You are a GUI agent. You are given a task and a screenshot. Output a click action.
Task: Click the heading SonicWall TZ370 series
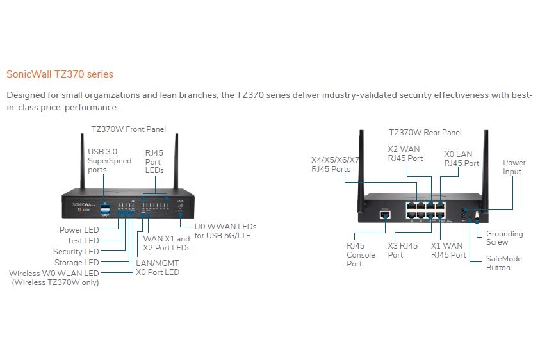pos(60,74)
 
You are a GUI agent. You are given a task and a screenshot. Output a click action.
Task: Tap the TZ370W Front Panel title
pos(129,129)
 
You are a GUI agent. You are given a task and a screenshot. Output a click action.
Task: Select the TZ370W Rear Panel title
pos(425,133)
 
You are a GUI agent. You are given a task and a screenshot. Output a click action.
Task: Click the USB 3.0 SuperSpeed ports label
pos(110,161)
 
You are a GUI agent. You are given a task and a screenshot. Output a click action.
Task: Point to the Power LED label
pos(79,230)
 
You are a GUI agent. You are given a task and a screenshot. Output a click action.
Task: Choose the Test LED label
pos(83,240)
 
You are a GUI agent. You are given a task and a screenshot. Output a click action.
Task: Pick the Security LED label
pos(76,252)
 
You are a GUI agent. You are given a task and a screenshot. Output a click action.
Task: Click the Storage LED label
pos(77,263)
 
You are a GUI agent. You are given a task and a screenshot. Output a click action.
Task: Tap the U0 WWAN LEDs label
pos(225,231)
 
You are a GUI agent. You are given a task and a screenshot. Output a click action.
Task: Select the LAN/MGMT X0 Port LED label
pos(158,268)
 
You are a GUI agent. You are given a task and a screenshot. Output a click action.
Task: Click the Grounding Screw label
pos(505,238)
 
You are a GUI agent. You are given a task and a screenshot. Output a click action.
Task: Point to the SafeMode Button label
pos(504,263)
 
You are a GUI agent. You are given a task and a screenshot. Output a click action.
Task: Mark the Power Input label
pos(514,167)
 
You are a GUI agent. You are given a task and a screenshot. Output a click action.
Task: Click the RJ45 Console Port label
pos(361,254)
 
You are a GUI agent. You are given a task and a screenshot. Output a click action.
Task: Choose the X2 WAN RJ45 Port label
pos(405,154)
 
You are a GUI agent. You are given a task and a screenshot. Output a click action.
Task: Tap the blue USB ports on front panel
pos(105,209)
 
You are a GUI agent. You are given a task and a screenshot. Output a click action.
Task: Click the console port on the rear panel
pos(385,215)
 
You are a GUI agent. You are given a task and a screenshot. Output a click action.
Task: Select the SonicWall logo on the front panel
pos(83,204)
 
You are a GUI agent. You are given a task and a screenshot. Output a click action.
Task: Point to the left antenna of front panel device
pos(83,161)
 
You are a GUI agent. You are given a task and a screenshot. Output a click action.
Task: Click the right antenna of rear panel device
pos(486,170)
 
